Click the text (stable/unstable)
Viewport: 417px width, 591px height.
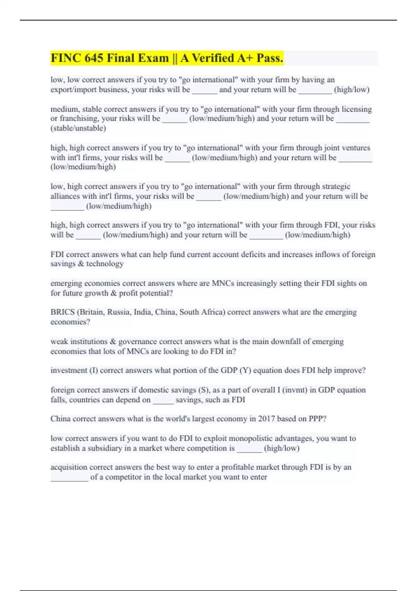pyautogui.click(x=78, y=128)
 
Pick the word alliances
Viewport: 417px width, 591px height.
pyautogui.click(x=65, y=196)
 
